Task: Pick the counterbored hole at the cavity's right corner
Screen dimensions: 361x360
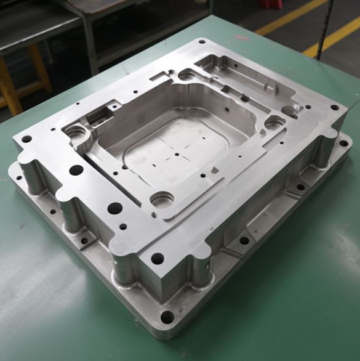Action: tap(273, 123)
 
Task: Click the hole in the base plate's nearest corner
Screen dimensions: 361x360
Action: tap(167, 318)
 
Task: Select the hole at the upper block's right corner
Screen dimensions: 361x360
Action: tap(334, 107)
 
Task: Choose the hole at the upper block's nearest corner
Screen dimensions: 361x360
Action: tap(158, 259)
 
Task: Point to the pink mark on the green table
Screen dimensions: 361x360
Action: tap(241, 38)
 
